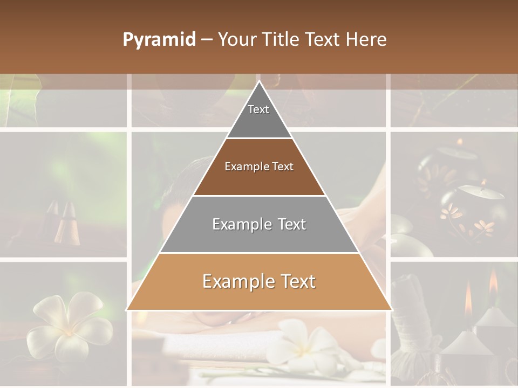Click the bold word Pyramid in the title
click(x=159, y=39)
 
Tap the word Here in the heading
click(x=367, y=39)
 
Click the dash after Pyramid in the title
click(x=206, y=39)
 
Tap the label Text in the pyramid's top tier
click(x=258, y=109)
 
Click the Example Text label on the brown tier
click(x=259, y=167)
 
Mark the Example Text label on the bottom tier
click(x=259, y=281)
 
